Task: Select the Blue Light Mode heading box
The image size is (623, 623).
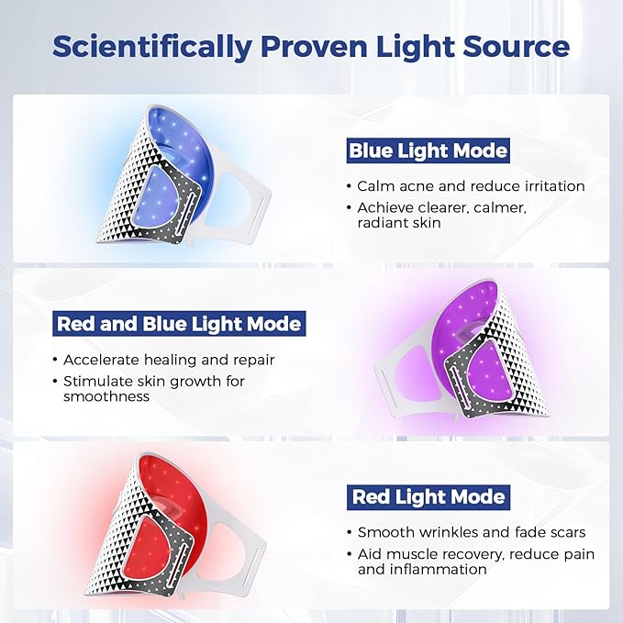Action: click(428, 150)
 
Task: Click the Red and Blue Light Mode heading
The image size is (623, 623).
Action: click(179, 324)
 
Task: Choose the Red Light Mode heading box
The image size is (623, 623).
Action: click(428, 497)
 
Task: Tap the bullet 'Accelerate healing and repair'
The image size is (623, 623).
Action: click(170, 360)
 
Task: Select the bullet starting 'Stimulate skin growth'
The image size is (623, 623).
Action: click(154, 389)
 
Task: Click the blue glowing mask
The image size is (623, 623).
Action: click(174, 174)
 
